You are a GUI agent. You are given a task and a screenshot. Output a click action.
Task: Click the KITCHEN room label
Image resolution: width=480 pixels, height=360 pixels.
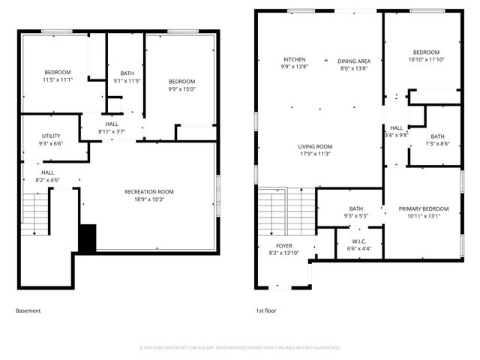[x=294, y=60]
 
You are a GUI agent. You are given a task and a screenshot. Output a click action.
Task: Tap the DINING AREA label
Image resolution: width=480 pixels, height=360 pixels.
[x=354, y=61]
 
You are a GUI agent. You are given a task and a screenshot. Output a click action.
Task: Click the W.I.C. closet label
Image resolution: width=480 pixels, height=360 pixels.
[x=360, y=241]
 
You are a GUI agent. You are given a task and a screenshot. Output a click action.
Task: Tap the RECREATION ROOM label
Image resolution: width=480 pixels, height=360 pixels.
[x=148, y=191]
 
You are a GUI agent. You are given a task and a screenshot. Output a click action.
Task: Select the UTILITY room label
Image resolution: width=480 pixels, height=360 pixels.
[x=52, y=136]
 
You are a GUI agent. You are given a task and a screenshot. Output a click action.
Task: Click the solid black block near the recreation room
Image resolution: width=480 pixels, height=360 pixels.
[x=88, y=238]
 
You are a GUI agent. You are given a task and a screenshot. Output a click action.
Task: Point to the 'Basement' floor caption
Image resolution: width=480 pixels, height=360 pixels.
[x=28, y=310]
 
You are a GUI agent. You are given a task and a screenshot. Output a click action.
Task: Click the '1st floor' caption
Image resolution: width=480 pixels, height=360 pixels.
[x=266, y=310]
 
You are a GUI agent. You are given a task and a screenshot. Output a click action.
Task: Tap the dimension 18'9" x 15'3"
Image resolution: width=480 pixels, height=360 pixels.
[x=148, y=199]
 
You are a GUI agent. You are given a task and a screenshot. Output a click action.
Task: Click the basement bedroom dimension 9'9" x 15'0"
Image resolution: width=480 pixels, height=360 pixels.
[x=181, y=89]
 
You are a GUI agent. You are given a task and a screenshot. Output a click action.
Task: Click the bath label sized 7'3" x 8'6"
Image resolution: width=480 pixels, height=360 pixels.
[x=437, y=136]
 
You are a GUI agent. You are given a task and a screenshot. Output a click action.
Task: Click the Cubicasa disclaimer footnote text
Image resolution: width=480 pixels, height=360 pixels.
[x=240, y=348]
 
